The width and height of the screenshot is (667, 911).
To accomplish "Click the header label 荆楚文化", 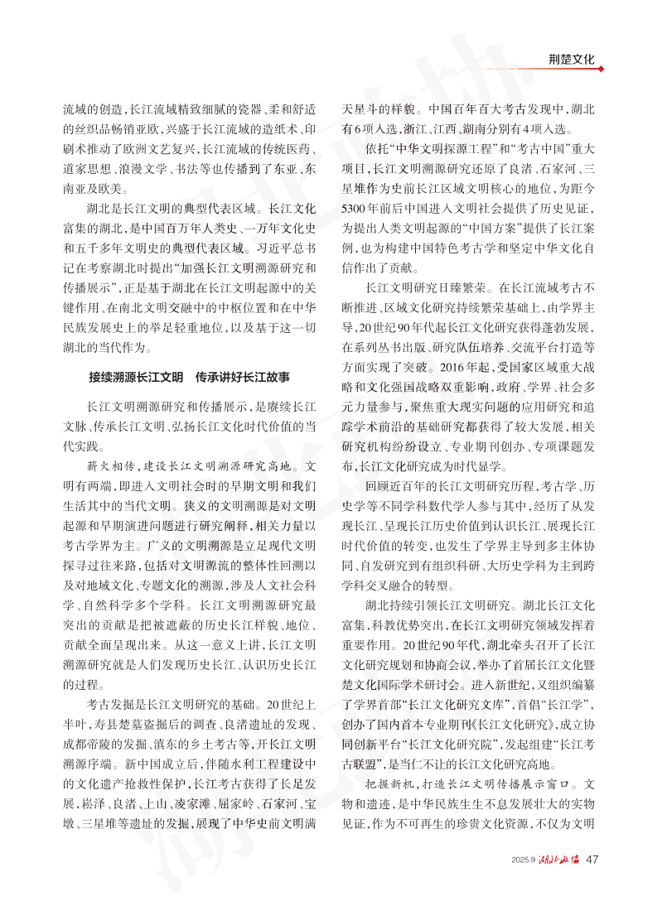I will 572,59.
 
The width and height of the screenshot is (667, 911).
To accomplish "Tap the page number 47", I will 592,859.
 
